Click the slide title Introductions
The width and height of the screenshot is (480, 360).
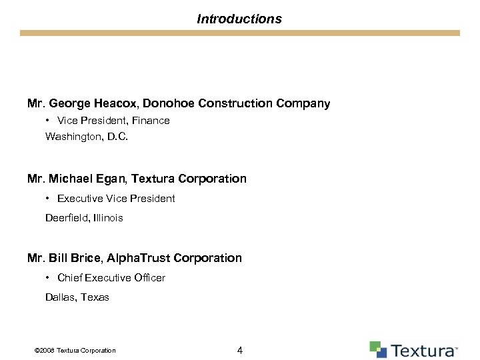coord(239,19)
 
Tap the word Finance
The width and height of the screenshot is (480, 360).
coord(151,121)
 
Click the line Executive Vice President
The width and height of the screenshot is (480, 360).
coord(116,199)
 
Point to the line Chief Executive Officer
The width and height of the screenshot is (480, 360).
coord(111,278)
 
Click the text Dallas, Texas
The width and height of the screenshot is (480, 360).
coord(77,297)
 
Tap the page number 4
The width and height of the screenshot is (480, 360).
coord(240,350)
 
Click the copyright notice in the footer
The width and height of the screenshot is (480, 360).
coord(74,351)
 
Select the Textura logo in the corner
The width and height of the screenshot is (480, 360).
coord(414,349)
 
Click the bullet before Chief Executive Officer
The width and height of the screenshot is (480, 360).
coord(49,278)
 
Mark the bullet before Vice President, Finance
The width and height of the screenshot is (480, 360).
coord(49,121)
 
